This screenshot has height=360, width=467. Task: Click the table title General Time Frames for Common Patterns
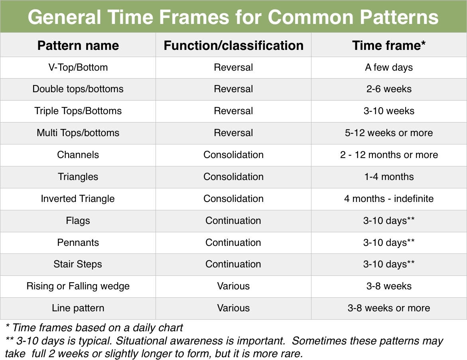[x=233, y=17]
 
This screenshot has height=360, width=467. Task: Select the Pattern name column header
[x=78, y=45]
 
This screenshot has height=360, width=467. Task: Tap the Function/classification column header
[x=234, y=45]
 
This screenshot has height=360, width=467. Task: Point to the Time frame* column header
[x=389, y=45]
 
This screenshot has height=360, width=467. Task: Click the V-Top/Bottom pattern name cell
[x=78, y=67]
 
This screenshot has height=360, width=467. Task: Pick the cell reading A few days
[x=389, y=67]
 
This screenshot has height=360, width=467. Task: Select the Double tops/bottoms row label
[x=78, y=89]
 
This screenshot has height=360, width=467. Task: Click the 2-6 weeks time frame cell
[x=389, y=89]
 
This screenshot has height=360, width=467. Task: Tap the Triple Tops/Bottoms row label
[x=78, y=111]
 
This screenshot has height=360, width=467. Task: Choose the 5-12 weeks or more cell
[x=389, y=133]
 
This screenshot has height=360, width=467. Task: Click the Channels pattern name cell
[x=78, y=155]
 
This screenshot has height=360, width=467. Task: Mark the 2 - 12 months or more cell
[x=389, y=155]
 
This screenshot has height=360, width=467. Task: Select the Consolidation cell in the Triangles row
[x=234, y=177]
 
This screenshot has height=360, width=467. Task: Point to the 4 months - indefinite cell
[x=389, y=198]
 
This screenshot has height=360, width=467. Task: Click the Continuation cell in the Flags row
[x=233, y=221]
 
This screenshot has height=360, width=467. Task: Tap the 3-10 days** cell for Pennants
[x=389, y=242]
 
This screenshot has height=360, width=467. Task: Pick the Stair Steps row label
[x=78, y=264]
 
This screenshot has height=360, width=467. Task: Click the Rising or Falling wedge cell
[x=78, y=286]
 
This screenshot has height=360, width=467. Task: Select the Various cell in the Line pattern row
[x=234, y=308]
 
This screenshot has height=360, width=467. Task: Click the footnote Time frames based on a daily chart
[x=94, y=328]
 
